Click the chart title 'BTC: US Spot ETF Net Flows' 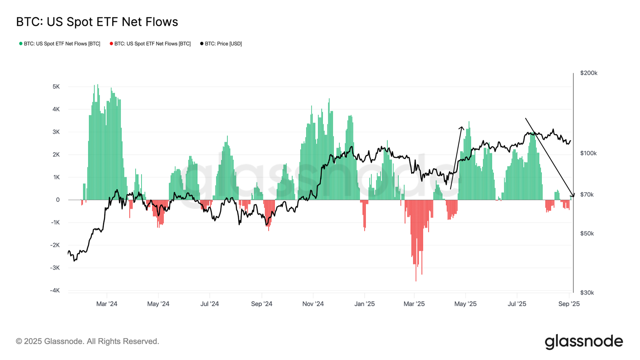click(x=97, y=22)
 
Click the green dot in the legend click(x=21, y=44)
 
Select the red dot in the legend click(x=111, y=44)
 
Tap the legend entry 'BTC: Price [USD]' click(x=223, y=44)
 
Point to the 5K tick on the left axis click(x=56, y=87)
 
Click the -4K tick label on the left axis click(x=55, y=290)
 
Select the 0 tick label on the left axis click(x=58, y=200)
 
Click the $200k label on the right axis click(x=588, y=73)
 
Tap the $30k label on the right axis click(x=587, y=293)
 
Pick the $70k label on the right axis click(x=587, y=195)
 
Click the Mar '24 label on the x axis click(x=107, y=304)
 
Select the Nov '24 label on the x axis click(x=313, y=304)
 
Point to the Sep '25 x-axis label click(x=569, y=304)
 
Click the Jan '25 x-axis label click(x=364, y=304)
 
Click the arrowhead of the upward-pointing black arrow click(x=462, y=128)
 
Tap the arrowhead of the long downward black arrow click(x=573, y=196)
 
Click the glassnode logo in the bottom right click(x=584, y=342)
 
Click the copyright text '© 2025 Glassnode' click(x=87, y=341)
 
